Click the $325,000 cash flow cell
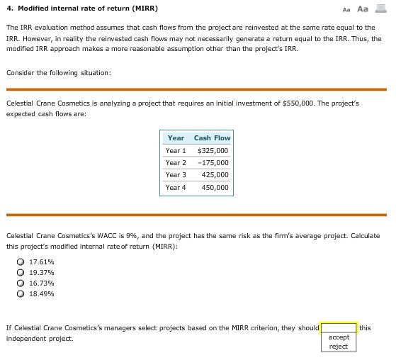coord(212,150)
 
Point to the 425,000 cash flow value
coord(215,174)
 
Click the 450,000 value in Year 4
coord(215,187)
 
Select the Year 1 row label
coord(176,150)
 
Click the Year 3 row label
coord(176,174)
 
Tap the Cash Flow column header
coord(212,137)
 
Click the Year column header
coord(176,137)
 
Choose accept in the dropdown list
coord(339,337)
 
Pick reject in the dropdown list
coord(339,347)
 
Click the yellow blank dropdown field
coord(339,327)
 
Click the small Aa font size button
coord(346,9)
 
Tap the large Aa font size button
coord(363,9)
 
